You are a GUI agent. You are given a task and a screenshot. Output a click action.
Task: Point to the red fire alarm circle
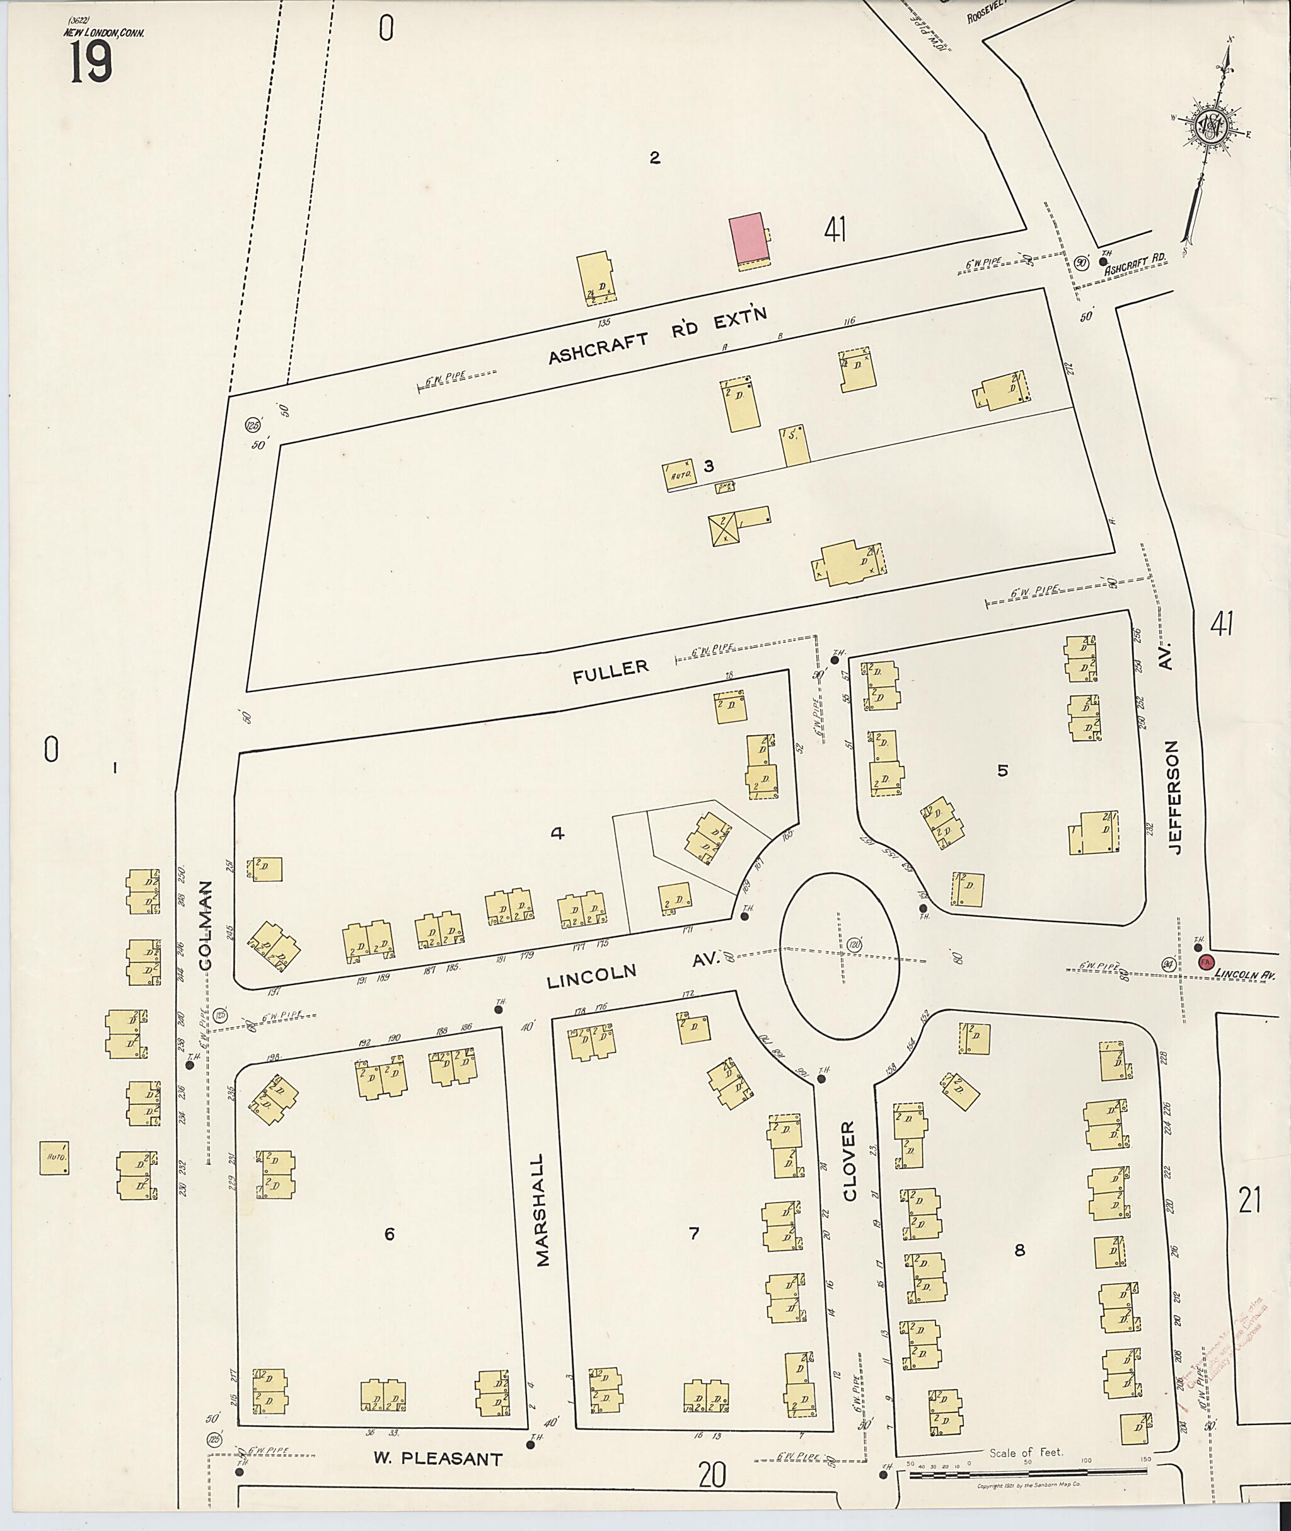pos(1205,962)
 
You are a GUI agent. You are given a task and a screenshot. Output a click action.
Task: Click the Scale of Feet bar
pos(1028,1473)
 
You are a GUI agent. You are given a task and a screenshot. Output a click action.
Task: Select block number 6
pos(390,1235)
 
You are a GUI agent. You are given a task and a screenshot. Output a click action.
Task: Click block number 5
pos(1003,770)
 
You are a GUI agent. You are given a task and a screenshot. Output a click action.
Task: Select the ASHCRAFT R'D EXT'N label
pos(657,336)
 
